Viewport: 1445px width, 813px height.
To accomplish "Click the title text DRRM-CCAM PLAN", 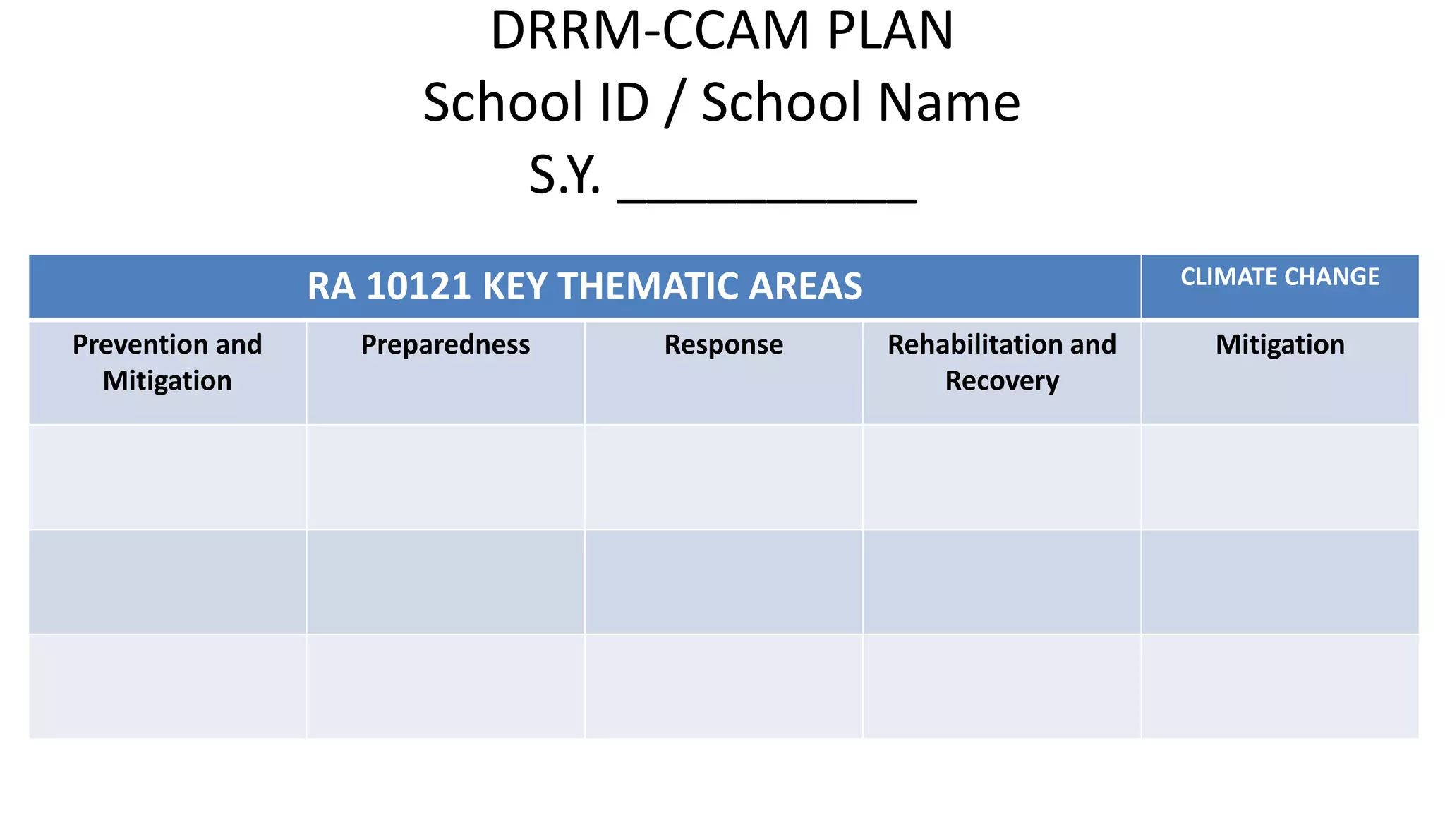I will (x=722, y=31).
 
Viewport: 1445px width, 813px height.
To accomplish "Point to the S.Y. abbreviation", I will (x=564, y=175).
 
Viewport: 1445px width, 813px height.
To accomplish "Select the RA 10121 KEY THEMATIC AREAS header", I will (x=584, y=287).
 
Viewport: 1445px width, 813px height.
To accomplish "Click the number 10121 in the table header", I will (x=418, y=287).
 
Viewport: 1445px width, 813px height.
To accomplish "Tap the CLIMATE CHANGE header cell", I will (x=1280, y=277).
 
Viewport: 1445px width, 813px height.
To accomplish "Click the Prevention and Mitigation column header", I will (x=167, y=363).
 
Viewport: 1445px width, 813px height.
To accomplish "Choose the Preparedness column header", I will (x=445, y=345).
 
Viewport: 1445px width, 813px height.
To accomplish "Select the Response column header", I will (x=723, y=345).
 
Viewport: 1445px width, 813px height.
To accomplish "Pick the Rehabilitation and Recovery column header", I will (x=1002, y=363).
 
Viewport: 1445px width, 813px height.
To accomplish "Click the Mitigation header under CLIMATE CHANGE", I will (x=1280, y=345).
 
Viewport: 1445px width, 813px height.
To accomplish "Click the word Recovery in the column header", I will (x=1002, y=381).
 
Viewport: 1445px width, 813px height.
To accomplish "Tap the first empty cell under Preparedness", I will (x=445, y=477).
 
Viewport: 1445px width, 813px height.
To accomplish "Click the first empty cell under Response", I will (x=723, y=477).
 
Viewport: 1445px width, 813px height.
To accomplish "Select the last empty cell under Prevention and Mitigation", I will (x=167, y=686).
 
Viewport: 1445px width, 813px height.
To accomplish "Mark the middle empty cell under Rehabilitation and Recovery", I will (x=1002, y=582).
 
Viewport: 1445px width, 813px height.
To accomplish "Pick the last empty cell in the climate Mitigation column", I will (x=1280, y=686).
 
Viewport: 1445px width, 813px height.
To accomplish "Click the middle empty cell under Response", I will (x=723, y=582).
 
